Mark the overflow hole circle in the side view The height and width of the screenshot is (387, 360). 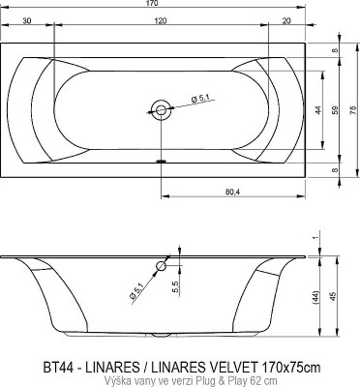pyautogui.click(x=161, y=264)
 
